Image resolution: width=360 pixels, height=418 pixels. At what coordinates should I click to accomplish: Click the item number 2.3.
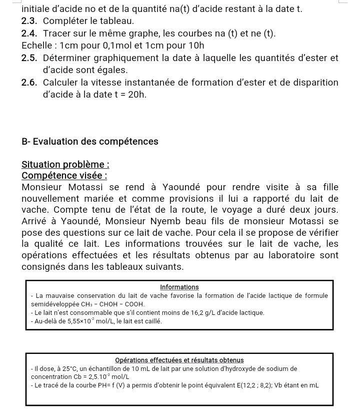tap(29, 21)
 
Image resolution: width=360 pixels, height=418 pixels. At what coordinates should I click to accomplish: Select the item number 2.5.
tap(29, 58)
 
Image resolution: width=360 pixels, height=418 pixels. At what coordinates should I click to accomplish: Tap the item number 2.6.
tap(29, 83)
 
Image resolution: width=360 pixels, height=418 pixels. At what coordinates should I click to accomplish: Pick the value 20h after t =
tap(136, 95)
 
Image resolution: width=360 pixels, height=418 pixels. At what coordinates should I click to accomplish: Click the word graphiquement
tap(130, 58)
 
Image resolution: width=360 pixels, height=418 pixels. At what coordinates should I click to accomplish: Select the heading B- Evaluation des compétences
tap(90, 142)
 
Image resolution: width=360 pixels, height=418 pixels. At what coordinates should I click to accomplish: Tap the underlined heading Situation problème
tap(65, 165)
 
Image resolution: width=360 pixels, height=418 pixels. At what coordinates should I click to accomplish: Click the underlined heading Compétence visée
tap(64, 176)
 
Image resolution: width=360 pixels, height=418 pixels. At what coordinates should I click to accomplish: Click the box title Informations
tap(179, 287)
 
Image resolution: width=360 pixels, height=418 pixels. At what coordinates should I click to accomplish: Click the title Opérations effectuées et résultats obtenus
tap(179, 360)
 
